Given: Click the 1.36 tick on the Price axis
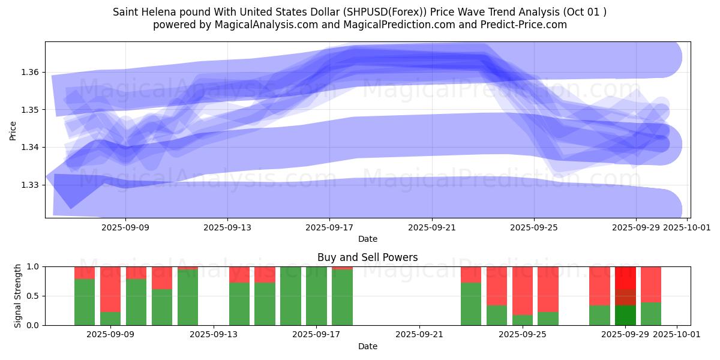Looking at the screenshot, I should coord(30,72).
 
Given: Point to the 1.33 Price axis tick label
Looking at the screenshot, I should coord(30,185).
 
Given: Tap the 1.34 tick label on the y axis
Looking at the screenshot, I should coord(30,148).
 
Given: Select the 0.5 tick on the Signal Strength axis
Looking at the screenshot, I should coord(32,296).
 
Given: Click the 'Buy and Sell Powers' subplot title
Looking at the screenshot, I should coord(367,257).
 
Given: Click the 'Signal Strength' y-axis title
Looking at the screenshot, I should coord(18,296).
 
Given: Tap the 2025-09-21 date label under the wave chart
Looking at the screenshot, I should coord(432,227).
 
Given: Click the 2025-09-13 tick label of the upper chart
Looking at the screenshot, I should coord(227,227).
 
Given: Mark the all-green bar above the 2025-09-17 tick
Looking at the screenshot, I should coord(316,296).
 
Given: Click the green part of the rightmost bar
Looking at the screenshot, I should coord(651,314).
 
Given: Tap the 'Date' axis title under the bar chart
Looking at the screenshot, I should coord(367,346).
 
